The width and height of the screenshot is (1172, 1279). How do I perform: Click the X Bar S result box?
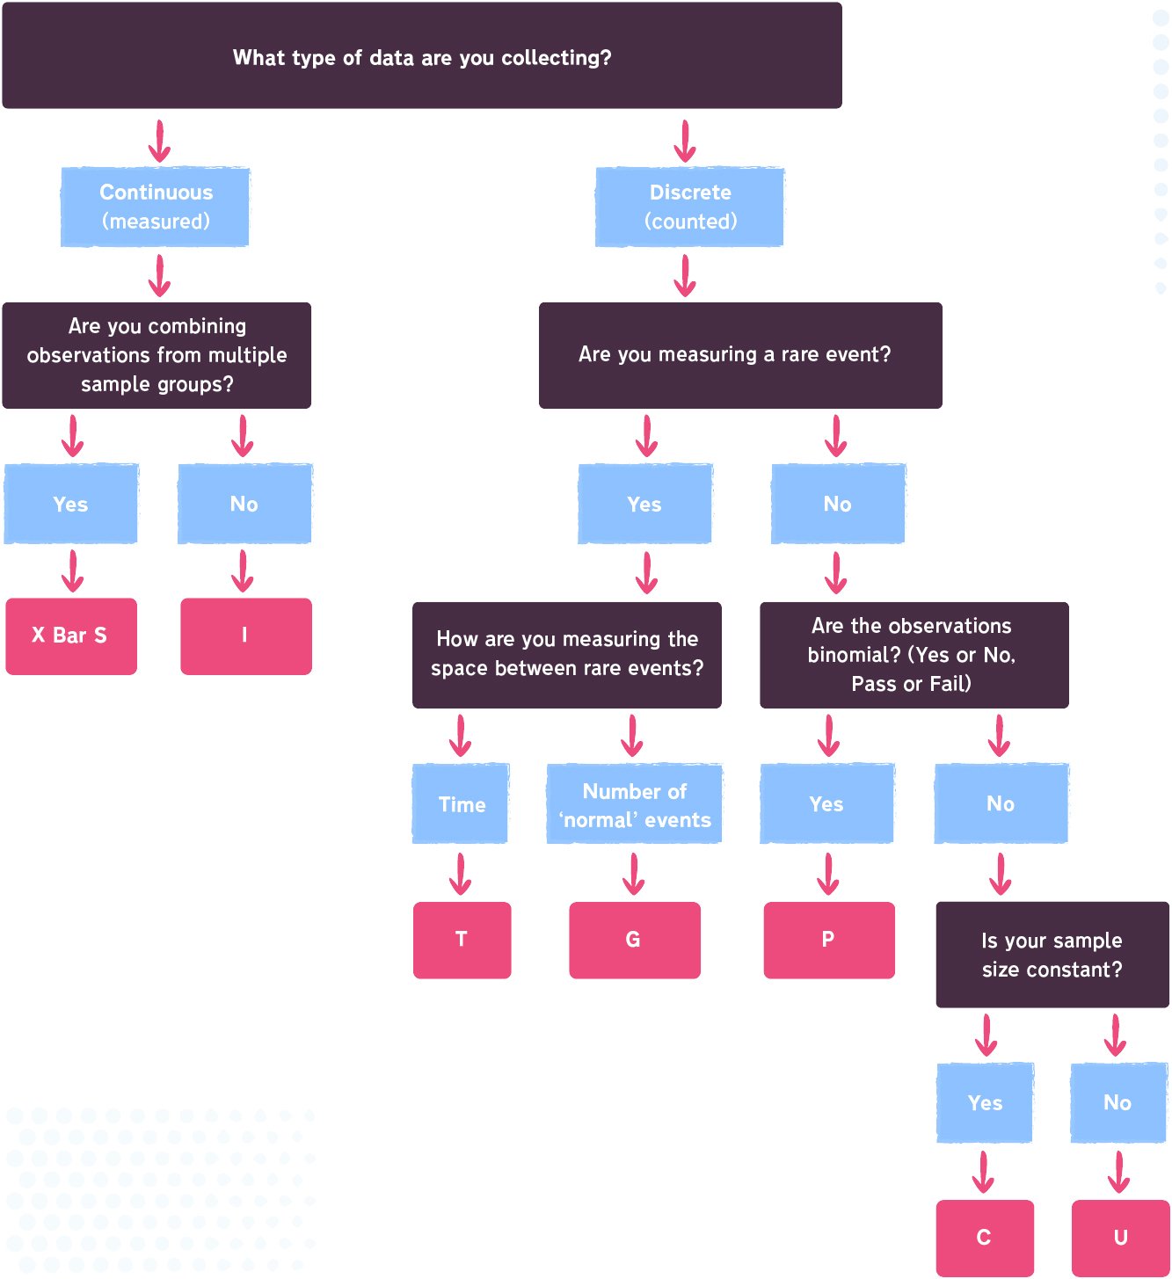tap(71, 636)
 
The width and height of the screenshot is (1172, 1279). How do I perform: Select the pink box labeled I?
tap(246, 636)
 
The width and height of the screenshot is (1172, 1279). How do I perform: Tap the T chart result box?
tap(462, 940)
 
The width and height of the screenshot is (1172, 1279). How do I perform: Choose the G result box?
tap(634, 940)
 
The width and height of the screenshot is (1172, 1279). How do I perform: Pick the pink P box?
tap(828, 940)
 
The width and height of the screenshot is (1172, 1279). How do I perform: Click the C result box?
tap(984, 1238)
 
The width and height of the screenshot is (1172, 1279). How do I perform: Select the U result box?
tap(1120, 1238)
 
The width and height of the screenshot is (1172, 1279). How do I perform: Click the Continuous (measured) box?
tap(156, 207)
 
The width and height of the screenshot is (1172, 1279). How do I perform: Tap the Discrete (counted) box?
tap(690, 207)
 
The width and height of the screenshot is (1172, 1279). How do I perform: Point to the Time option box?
tap(461, 804)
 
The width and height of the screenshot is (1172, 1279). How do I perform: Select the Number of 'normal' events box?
tap(634, 804)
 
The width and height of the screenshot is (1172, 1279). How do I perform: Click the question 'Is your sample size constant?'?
tap(1052, 955)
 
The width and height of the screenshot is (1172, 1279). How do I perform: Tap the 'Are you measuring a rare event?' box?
tap(739, 355)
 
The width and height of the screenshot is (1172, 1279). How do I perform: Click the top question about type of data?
tap(422, 56)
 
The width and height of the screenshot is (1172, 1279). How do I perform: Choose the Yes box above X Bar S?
tap(71, 504)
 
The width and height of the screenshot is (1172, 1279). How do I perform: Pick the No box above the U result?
tap(1118, 1102)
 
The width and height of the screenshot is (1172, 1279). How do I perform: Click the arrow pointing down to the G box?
tap(634, 874)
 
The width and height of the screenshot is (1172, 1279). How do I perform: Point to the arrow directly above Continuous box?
tap(159, 141)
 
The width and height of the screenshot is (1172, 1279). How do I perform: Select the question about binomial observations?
tap(914, 655)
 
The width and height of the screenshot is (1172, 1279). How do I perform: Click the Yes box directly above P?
tap(826, 803)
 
